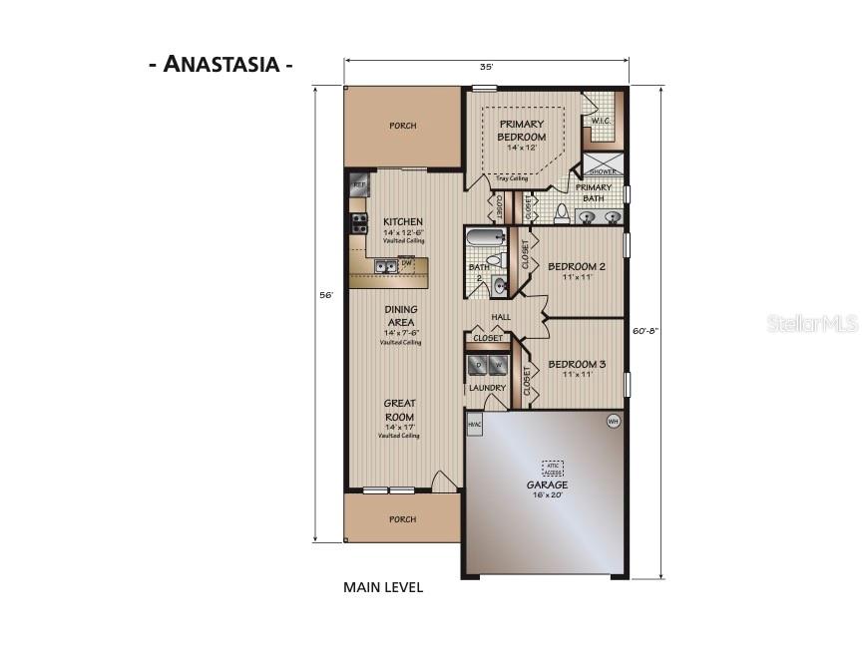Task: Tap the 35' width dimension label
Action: [486, 67]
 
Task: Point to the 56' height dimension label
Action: [326, 295]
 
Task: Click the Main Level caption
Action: [383, 587]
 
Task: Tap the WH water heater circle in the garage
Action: [614, 422]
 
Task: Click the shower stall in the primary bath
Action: [603, 164]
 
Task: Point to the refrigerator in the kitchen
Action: [359, 186]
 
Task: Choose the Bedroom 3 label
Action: [577, 364]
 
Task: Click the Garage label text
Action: [547, 484]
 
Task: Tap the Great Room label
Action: [399, 410]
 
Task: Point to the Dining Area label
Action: [400, 316]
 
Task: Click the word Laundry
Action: [488, 387]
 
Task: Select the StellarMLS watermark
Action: [809, 324]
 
